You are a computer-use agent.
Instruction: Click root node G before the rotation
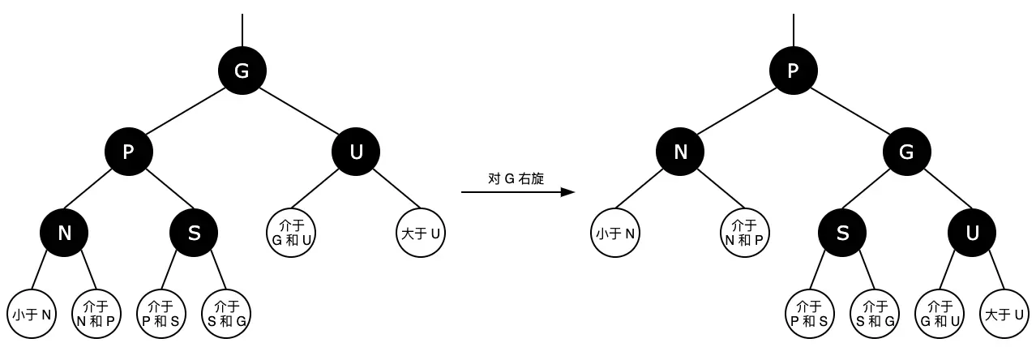pos(242,71)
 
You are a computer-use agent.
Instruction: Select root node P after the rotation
pos(793,71)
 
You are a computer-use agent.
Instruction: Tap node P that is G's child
pos(128,152)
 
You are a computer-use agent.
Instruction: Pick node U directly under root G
pos(356,152)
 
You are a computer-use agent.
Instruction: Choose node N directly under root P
pos(680,152)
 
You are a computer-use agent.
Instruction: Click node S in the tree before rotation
pos(194,233)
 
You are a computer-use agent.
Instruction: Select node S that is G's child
pos(842,233)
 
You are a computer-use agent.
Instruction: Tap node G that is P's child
pos(907,152)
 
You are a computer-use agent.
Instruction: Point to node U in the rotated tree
pos(972,233)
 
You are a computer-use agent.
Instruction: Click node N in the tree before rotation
pos(64,233)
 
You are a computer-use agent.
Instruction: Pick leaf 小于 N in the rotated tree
pos(615,234)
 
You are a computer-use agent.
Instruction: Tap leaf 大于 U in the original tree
pos(421,234)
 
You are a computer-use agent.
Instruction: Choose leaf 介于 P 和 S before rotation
pos(161,314)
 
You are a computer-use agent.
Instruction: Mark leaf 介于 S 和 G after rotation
pos(875,314)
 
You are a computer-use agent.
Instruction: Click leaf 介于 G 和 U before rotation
pos(291,234)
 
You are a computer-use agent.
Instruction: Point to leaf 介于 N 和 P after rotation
pos(745,234)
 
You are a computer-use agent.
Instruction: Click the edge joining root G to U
pos(299,111)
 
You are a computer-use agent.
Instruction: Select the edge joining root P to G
pos(850,111)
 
